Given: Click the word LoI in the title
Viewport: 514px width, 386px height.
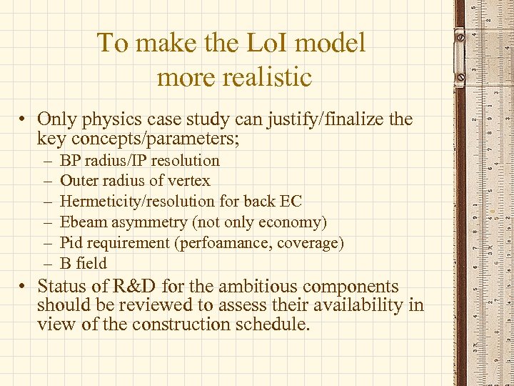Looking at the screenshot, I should (x=266, y=43).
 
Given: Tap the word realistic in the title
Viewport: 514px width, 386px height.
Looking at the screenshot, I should (x=267, y=76).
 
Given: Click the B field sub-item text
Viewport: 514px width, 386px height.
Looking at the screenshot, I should (x=83, y=263).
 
